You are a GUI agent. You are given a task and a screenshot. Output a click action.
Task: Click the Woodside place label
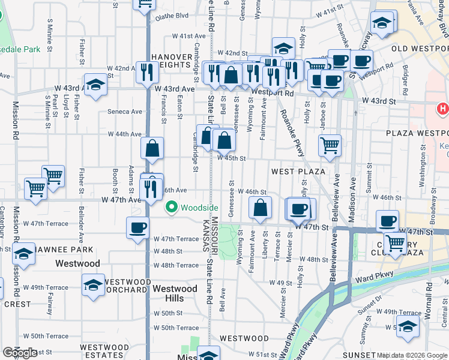point(200,208)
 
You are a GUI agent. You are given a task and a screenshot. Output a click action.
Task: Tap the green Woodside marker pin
point(171,208)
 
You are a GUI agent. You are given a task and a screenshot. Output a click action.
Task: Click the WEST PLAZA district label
point(298,172)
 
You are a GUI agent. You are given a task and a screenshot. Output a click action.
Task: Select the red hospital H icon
point(443,109)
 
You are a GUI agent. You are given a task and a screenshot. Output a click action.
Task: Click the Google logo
point(20,353)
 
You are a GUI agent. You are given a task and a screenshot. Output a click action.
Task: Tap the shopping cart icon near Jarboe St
point(330,145)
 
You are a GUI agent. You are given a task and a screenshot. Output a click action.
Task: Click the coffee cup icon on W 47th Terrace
point(138,228)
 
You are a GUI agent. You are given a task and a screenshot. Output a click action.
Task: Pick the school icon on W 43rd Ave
point(95,85)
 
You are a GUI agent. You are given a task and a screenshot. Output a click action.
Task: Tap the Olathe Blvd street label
point(172,16)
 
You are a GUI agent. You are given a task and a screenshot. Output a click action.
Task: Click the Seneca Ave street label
point(125,112)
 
